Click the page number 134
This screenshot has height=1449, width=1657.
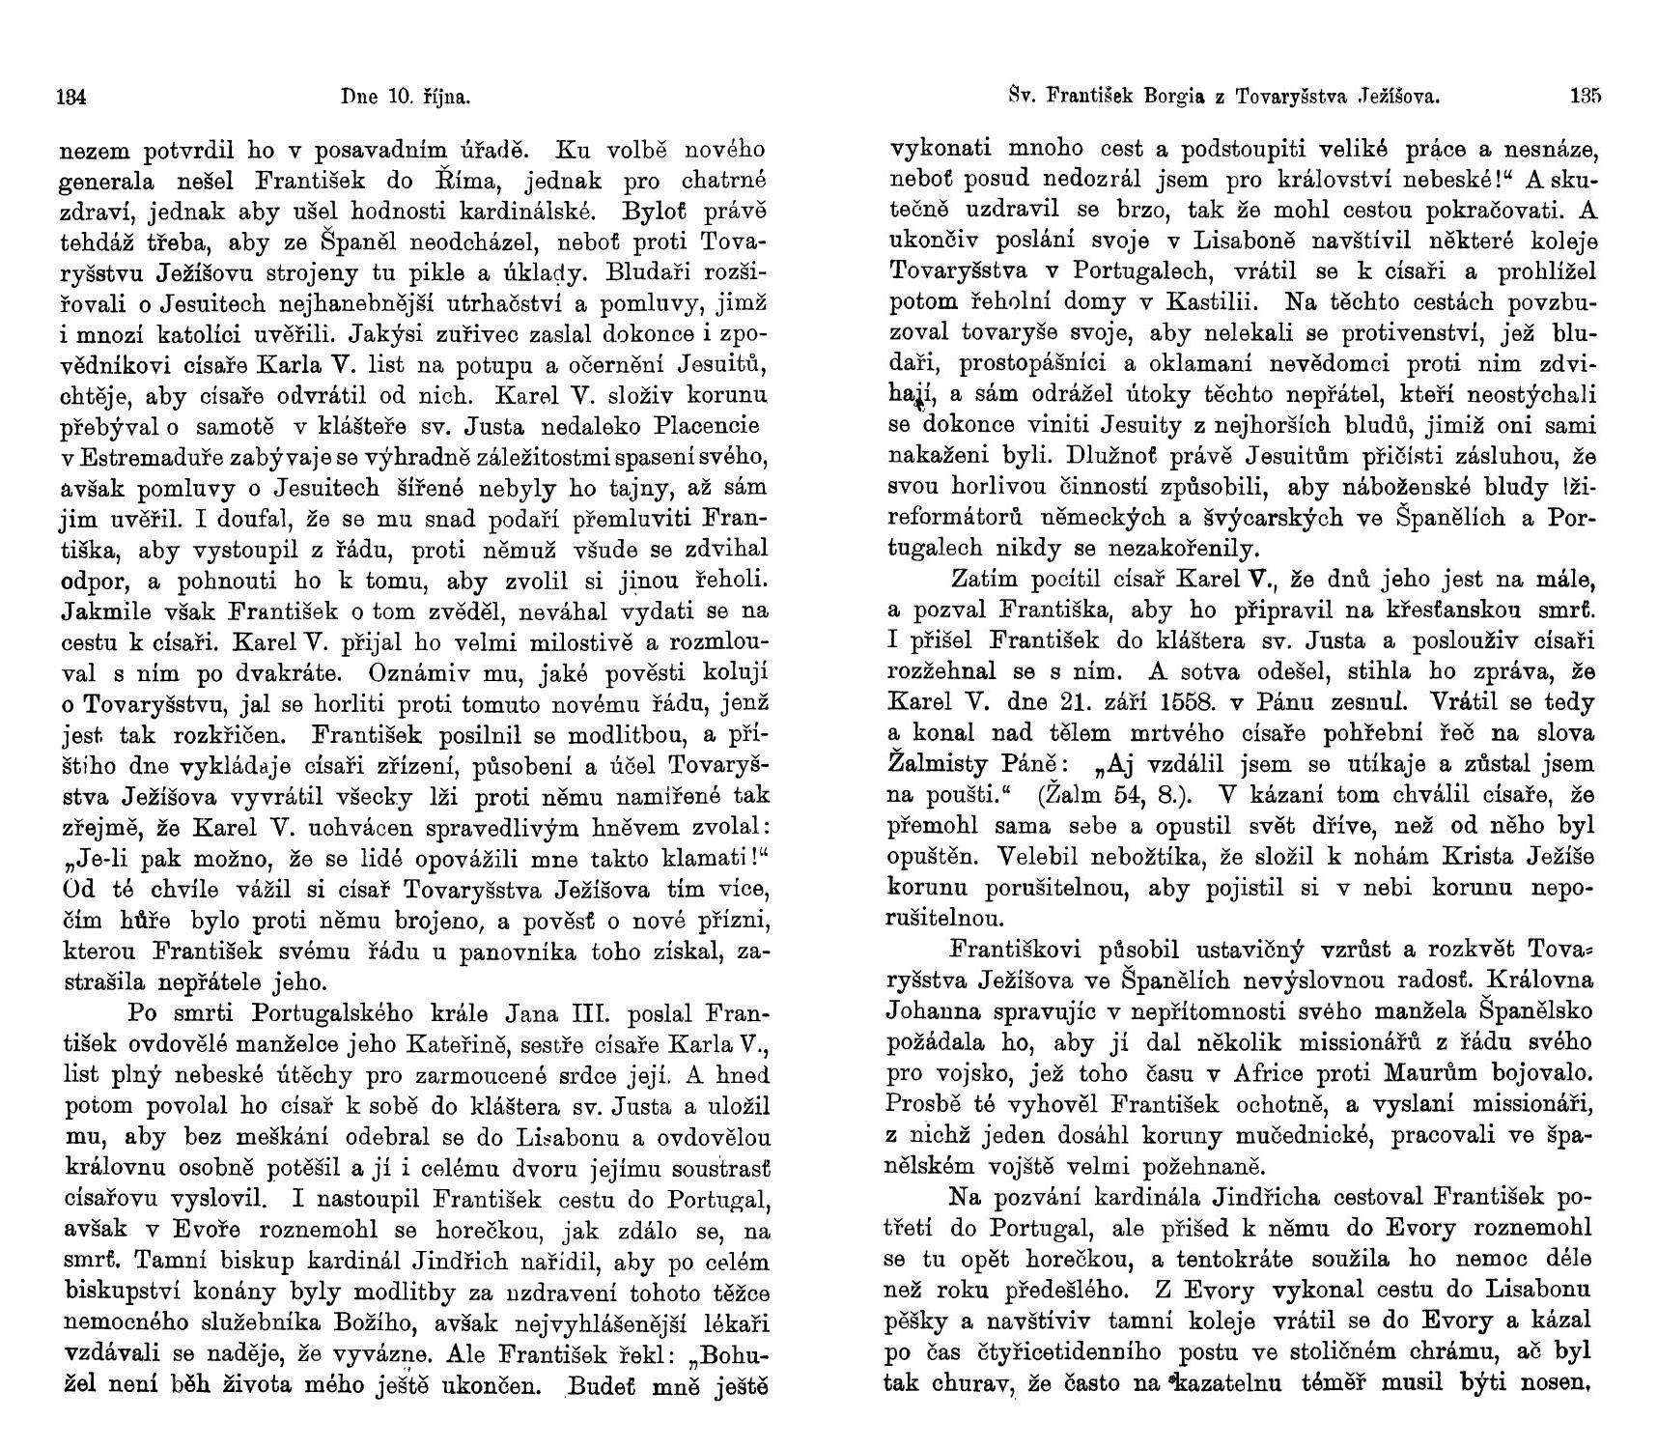(x=73, y=96)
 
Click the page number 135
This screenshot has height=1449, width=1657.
(x=1586, y=96)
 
